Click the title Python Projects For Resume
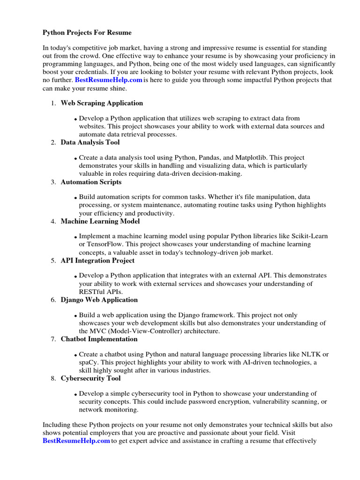(87, 33)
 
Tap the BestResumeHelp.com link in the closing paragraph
(76, 441)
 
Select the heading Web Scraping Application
(102, 103)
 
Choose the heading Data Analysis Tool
(90, 142)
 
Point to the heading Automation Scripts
(91, 182)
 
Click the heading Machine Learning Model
(100, 221)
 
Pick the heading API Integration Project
(97, 261)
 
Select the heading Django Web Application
(99, 300)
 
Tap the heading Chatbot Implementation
(99, 339)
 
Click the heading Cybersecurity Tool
(90, 379)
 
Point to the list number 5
(53, 261)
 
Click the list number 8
(53, 379)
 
